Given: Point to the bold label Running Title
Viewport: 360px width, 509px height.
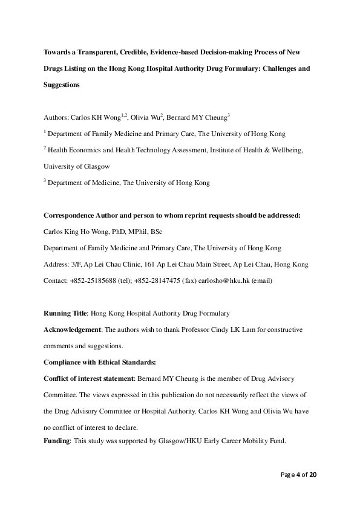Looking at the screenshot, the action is [x=66, y=313].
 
